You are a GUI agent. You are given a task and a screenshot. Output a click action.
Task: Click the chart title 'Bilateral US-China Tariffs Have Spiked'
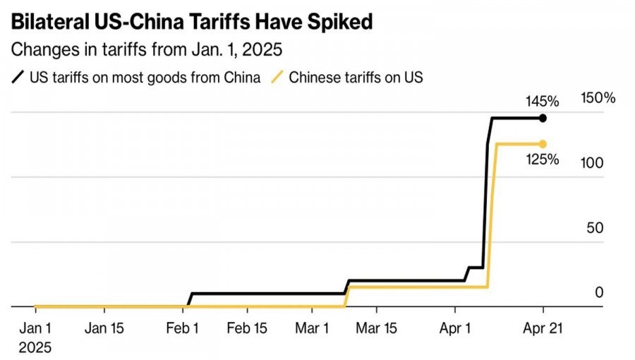[x=190, y=23]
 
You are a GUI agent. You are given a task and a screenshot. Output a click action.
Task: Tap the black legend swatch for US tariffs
[x=18, y=77]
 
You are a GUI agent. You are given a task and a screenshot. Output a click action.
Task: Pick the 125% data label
[x=542, y=160]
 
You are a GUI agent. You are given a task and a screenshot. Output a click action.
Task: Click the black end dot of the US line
[x=543, y=118]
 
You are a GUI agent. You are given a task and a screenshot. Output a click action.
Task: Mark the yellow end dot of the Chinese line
[x=543, y=144]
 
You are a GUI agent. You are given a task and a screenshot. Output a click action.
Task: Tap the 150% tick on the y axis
[x=598, y=98]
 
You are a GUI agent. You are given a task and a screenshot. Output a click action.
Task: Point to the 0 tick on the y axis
[x=600, y=292]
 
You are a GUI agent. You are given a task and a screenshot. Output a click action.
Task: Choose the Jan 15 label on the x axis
[x=104, y=328]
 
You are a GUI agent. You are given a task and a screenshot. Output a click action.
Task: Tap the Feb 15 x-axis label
[x=247, y=328]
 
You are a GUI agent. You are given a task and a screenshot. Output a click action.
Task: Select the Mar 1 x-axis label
[x=312, y=328]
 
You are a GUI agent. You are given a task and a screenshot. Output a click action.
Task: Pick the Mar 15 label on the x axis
[x=376, y=328]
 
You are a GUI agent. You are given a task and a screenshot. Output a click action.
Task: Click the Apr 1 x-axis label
[x=454, y=328]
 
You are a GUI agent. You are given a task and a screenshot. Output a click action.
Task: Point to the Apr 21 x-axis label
[x=543, y=328]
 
